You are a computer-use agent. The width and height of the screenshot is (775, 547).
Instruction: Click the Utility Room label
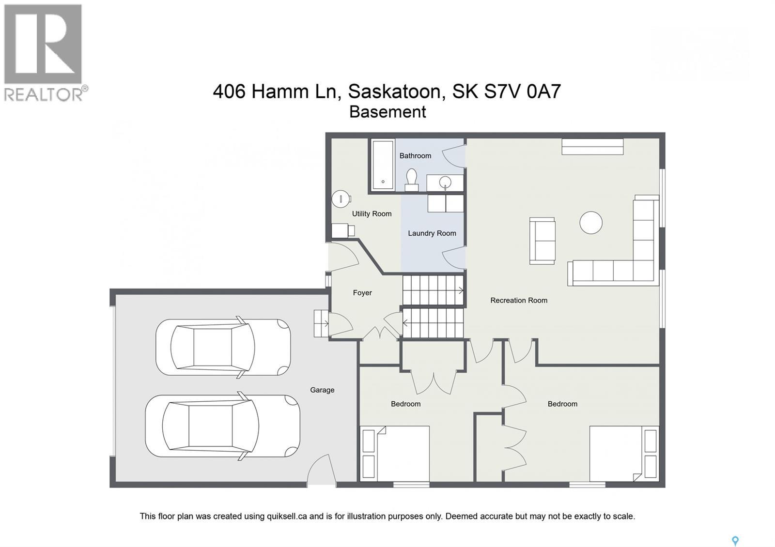click(x=372, y=213)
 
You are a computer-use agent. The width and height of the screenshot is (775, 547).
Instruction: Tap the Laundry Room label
click(x=432, y=233)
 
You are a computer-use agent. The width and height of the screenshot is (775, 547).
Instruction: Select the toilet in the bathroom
click(x=412, y=179)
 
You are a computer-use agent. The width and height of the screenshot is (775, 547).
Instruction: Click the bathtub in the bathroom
click(x=383, y=165)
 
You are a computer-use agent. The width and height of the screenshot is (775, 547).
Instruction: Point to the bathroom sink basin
click(x=445, y=182)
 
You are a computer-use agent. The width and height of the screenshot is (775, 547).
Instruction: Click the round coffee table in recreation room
click(x=591, y=223)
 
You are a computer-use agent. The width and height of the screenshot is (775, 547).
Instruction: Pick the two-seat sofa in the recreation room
click(x=542, y=241)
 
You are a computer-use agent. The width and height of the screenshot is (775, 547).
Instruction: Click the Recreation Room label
click(x=518, y=300)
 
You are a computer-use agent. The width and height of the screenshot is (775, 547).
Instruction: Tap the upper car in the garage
click(x=223, y=347)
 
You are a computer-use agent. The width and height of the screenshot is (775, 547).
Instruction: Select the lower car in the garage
click(x=222, y=425)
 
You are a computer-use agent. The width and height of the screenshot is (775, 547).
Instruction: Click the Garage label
click(x=322, y=390)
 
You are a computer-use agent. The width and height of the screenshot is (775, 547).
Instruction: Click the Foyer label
click(x=362, y=292)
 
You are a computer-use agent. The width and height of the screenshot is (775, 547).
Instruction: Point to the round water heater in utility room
click(x=341, y=198)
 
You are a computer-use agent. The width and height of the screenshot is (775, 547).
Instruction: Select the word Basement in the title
click(x=387, y=112)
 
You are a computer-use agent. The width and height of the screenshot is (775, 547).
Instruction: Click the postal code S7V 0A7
click(x=523, y=91)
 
